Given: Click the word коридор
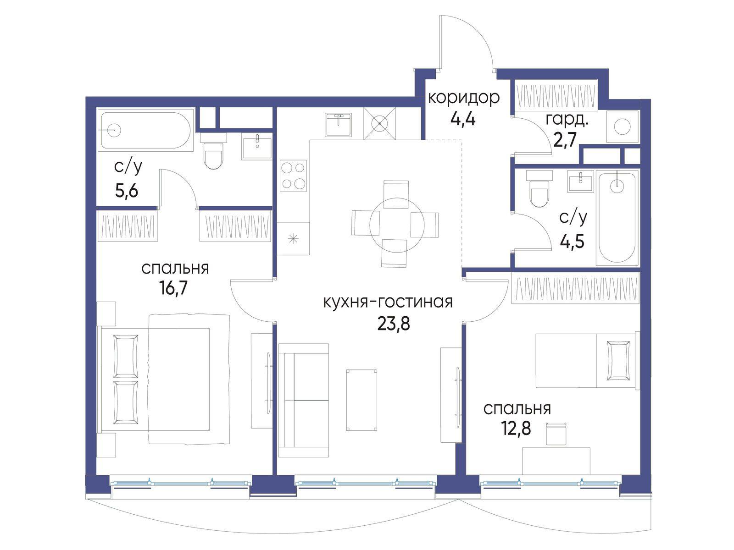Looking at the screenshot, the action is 463,98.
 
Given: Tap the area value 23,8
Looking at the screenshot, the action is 394,323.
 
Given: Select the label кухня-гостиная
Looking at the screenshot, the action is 388,302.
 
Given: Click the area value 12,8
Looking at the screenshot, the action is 516,429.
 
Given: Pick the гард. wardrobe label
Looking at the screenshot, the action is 567,120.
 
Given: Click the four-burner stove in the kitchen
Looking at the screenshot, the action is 293,176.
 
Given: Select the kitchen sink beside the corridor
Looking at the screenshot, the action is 339,124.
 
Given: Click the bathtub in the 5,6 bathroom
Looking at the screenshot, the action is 146,130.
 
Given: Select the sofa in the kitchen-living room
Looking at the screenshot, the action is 303,401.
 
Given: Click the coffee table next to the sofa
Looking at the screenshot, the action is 362,400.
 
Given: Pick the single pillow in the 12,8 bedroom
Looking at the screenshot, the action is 617,360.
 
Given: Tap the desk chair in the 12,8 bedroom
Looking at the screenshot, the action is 556,434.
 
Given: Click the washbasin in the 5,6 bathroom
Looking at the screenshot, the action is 257,146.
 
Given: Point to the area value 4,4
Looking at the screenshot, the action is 462,119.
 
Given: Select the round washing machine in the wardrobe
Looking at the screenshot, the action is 623,127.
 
